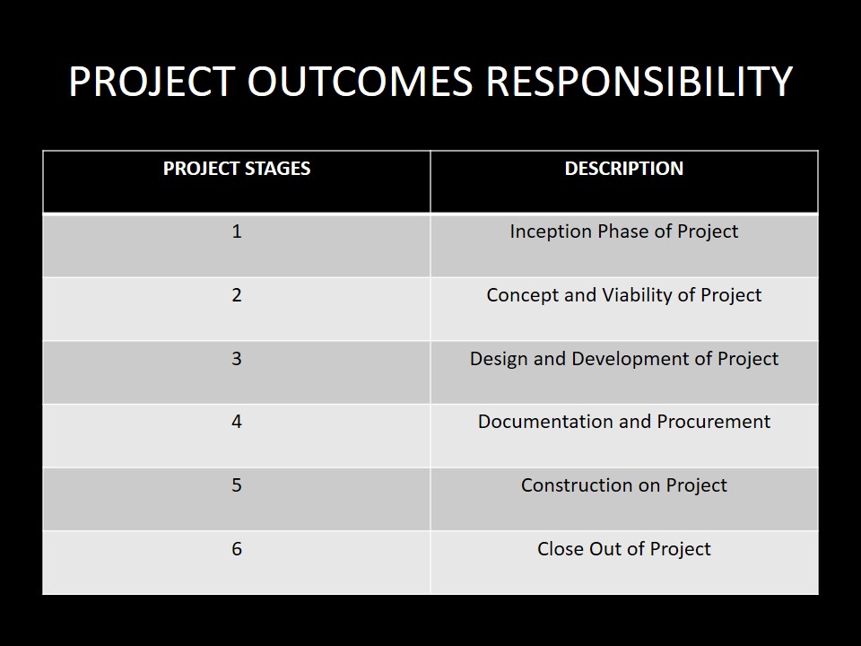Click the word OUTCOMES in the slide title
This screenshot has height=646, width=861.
[360, 82]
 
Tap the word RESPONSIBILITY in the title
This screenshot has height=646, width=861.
[639, 82]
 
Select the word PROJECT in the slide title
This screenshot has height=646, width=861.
[152, 82]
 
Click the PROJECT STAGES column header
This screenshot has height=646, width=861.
[237, 168]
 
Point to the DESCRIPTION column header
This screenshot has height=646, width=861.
[624, 168]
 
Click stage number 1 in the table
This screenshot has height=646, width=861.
[237, 231]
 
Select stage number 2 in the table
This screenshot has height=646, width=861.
[237, 295]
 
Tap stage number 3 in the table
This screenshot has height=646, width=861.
[237, 359]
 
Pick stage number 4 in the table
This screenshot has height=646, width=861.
[237, 422]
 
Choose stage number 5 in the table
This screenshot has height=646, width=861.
[237, 485]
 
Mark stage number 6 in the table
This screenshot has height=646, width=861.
[237, 549]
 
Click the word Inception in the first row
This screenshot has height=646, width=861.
[551, 231]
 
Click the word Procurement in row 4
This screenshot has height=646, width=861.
[713, 422]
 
